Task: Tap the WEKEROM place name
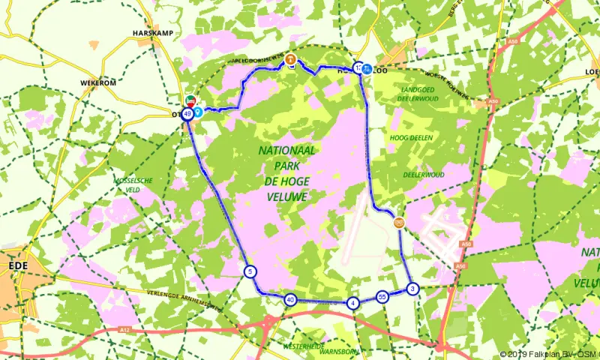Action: [98, 82]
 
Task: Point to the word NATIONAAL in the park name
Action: [287, 151]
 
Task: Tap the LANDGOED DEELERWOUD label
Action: [409, 92]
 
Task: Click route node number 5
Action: [250, 271]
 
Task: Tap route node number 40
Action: [290, 300]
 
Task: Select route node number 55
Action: [382, 296]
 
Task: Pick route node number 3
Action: [412, 289]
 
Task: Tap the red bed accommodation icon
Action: [190, 100]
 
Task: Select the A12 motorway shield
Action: [124, 328]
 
